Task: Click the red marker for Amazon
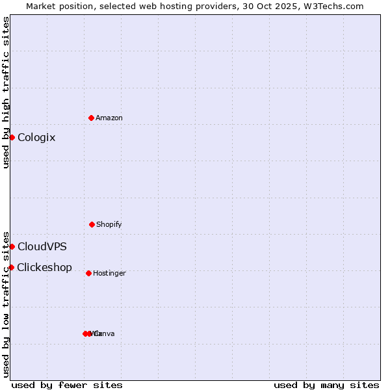click(91, 118)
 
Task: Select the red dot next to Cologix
click(12, 137)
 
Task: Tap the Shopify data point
click(92, 224)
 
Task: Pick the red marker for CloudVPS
click(12, 246)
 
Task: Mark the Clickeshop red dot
click(11, 267)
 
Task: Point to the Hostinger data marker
click(88, 273)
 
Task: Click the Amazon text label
click(109, 118)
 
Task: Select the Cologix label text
click(36, 137)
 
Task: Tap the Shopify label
click(109, 224)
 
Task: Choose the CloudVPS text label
click(42, 246)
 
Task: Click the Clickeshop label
click(44, 267)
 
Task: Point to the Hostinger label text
click(109, 273)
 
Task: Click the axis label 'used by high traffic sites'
click(6, 92)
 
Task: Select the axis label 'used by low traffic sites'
click(6, 304)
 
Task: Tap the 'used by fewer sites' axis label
click(67, 385)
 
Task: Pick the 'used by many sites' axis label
click(326, 385)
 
